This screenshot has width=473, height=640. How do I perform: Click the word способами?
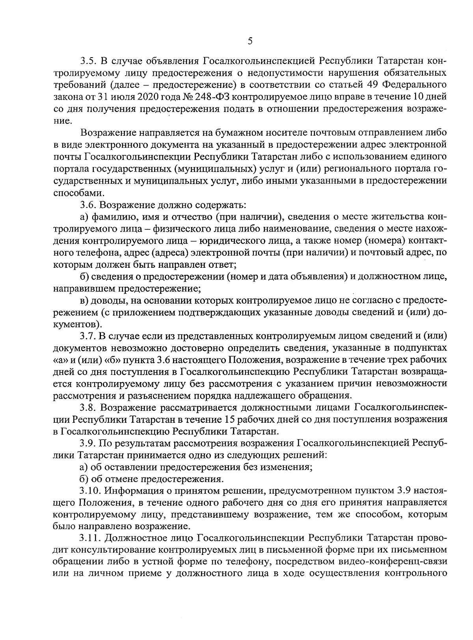[x=74, y=193]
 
